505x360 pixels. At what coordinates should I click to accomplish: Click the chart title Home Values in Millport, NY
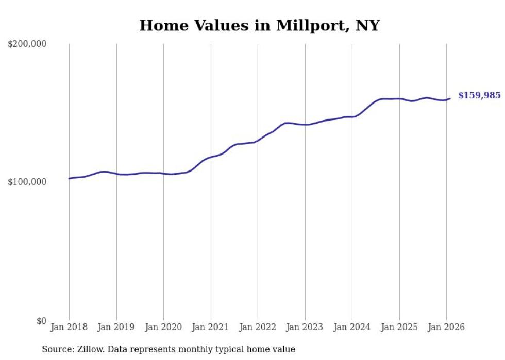pos(259,25)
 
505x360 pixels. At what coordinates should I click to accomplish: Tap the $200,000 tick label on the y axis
pos(27,44)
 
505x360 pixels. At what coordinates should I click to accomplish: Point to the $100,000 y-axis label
pos(27,182)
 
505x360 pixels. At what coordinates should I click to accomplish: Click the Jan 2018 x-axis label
pos(69,327)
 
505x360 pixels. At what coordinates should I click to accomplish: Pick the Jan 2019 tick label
pos(116,327)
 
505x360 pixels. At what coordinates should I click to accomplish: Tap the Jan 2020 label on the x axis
pos(163,327)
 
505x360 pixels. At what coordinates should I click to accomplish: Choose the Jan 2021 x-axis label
pos(210,327)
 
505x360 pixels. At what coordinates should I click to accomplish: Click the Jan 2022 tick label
pos(258,327)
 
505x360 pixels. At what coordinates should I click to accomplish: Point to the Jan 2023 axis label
pos(305,327)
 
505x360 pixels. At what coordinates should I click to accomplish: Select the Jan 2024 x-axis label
pos(352,327)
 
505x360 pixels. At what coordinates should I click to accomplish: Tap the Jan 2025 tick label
pos(399,327)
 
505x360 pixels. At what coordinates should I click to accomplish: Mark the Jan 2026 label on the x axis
pos(446,327)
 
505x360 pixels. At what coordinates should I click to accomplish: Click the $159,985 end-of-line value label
pos(479,95)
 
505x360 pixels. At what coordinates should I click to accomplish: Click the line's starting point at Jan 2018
pos(69,178)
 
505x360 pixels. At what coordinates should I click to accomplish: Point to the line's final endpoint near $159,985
pos(450,98)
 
